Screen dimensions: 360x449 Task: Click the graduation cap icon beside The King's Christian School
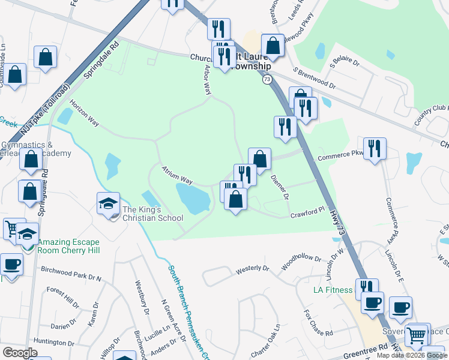pos(109,203)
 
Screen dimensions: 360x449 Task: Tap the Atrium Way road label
pos(176,176)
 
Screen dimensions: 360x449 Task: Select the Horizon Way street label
pos(83,112)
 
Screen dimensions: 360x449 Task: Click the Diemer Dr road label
pos(280,187)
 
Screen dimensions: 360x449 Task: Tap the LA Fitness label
pos(333,290)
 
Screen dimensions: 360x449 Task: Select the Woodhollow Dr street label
pos(300,262)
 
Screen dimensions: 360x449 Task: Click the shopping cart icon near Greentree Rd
pos(416,334)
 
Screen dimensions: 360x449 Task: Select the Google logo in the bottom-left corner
pos(20,353)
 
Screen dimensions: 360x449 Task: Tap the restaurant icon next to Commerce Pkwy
pos(375,148)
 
